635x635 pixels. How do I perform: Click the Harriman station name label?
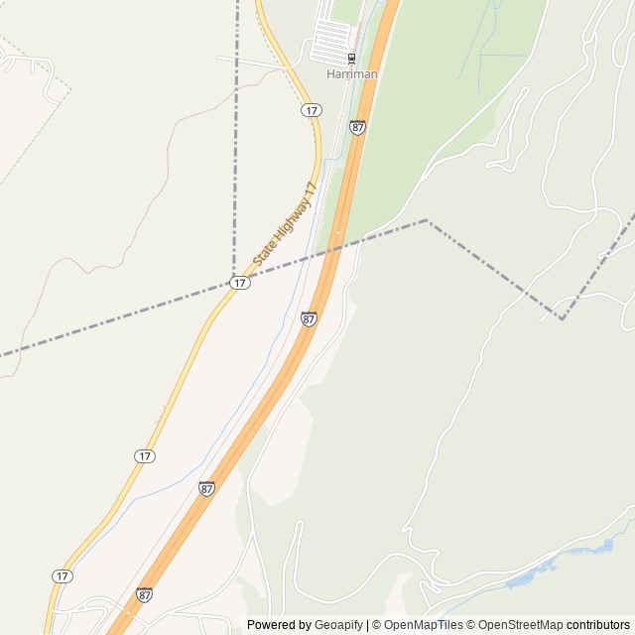351,73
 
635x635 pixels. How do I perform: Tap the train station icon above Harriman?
351,58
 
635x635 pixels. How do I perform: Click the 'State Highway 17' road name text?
285,224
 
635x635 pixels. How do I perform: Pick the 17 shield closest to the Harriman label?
312,109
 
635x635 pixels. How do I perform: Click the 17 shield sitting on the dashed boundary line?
240,283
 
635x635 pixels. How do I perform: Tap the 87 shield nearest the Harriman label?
357,127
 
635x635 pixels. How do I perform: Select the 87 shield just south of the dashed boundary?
310,318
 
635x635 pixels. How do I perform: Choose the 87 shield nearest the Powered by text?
145,595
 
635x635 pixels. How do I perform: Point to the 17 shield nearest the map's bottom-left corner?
63,576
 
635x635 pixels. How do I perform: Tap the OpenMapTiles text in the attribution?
424,625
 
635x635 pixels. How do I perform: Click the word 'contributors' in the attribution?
598,625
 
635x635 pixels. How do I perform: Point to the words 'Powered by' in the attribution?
279,625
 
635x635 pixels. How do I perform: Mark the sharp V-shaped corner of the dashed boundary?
562,318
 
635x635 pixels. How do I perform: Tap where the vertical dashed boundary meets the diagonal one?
234,281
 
